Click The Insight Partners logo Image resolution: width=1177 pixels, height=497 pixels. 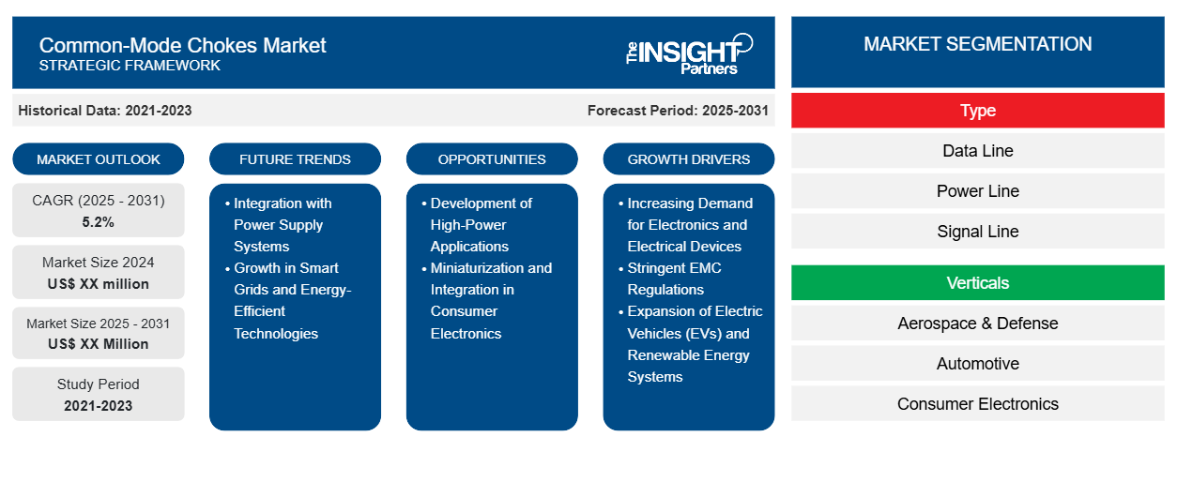pyautogui.click(x=689, y=53)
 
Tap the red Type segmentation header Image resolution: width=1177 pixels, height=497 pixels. pyautogui.click(x=977, y=111)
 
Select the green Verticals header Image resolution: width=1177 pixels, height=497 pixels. pyautogui.click(x=977, y=283)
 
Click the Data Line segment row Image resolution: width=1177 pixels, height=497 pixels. pyautogui.click(x=977, y=151)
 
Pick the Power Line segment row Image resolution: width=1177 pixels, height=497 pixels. pyautogui.click(x=977, y=191)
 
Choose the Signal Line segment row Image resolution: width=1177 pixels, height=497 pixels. pyautogui.click(x=977, y=232)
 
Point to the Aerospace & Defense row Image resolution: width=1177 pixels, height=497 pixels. pyautogui.click(x=977, y=324)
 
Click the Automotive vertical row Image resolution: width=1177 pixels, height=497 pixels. pyautogui.click(x=977, y=364)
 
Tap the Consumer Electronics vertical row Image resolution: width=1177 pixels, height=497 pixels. pyautogui.click(x=977, y=403)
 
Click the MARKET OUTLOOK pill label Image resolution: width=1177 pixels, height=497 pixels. pyautogui.click(x=99, y=159)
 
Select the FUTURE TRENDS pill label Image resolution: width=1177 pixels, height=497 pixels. pyautogui.click(x=295, y=159)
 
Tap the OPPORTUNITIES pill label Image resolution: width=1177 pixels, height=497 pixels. pyautogui.click(x=492, y=159)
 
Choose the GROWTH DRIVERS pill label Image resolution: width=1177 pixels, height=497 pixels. pyautogui.click(x=688, y=159)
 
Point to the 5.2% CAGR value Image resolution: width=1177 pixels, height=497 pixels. pyautogui.click(x=99, y=222)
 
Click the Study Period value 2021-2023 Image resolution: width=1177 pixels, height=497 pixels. pyautogui.click(x=99, y=406)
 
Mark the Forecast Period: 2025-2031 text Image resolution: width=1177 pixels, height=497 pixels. pyautogui.click(x=678, y=111)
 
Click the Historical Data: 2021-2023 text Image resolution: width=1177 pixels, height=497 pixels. pyautogui.click(x=105, y=111)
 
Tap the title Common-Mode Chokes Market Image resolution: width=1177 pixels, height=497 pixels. pyautogui.click(x=182, y=46)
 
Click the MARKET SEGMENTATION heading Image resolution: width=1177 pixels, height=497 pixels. pyautogui.click(x=977, y=44)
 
